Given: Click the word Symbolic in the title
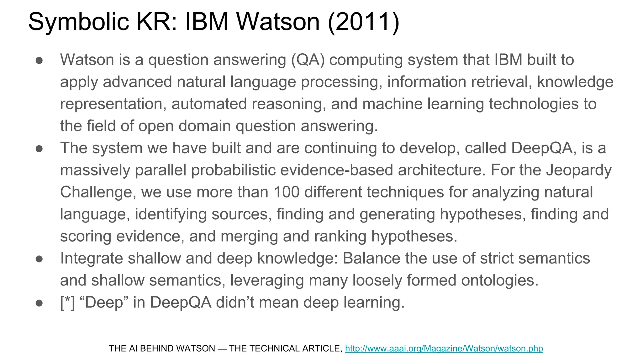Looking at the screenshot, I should pyautogui.click(x=78, y=22).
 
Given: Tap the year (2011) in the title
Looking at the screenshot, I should pyautogui.click(x=364, y=22).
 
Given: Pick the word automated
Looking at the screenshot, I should pyautogui.click(x=209, y=104).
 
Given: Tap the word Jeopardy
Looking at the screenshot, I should pyautogui.click(x=579, y=170).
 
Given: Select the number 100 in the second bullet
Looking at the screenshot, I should pyautogui.click(x=286, y=192).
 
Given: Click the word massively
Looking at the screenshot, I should pyautogui.click(x=95, y=170).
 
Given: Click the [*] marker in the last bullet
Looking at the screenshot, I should pyautogui.click(x=67, y=302).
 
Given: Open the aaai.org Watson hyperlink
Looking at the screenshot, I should pyautogui.click(x=444, y=348).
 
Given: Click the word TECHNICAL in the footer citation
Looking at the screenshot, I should pyautogui.click(x=274, y=348).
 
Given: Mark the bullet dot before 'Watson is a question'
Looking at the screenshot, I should pyautogui.click(x=39, y=60).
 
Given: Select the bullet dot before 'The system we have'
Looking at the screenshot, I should pyautogui.click(x=39, y=149).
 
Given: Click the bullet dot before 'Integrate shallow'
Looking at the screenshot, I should pyautogui.click(x=39, y=259).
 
